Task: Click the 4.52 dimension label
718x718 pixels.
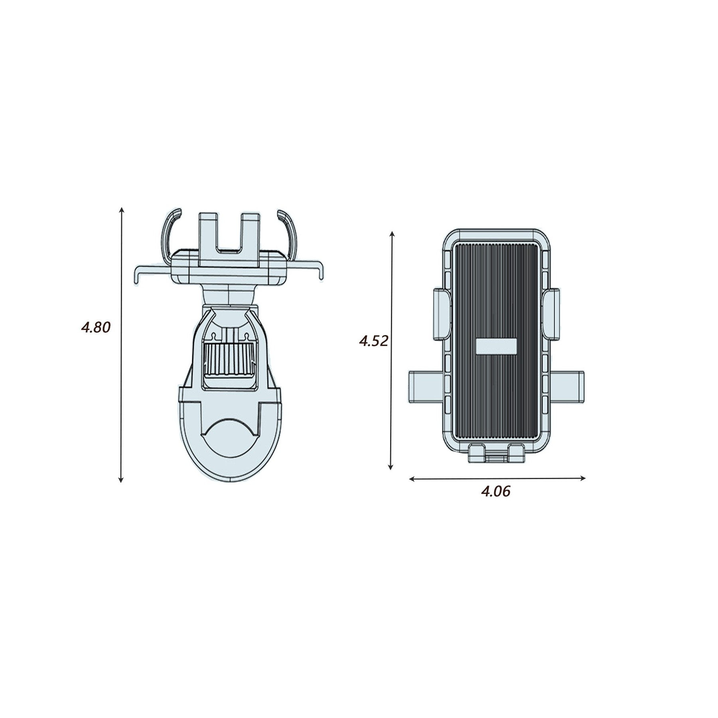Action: [373, 341]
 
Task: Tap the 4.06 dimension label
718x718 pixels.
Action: [495, 492]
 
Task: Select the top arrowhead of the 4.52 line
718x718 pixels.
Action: [392, 233]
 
